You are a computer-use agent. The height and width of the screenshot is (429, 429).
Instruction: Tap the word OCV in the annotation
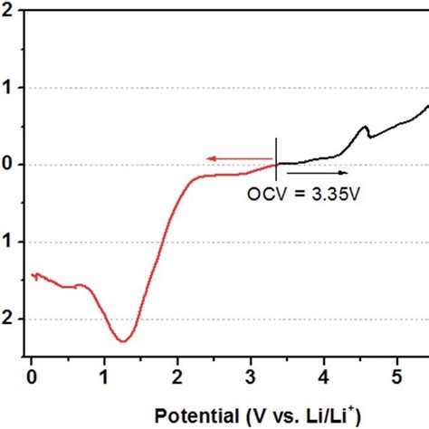click(265, 193)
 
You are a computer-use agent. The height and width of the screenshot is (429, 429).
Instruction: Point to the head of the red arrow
click(208, 158)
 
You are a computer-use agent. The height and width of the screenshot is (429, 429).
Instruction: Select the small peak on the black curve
click(364, 128)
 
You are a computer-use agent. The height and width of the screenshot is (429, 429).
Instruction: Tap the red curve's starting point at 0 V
click(33, 273)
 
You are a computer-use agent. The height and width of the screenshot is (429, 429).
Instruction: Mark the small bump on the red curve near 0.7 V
click(81, 285)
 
